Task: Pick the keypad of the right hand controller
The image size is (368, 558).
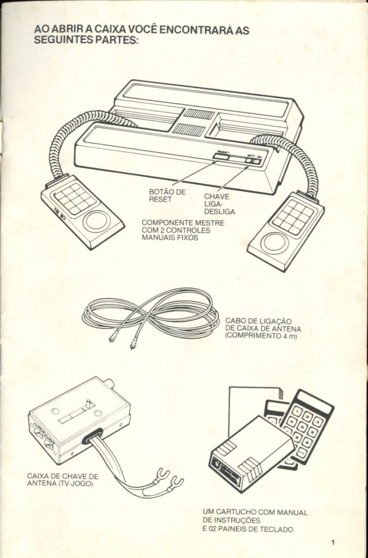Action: (293, 217)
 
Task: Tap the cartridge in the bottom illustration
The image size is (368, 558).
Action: (251, 452)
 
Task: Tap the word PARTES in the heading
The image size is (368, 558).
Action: (107, 41)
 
